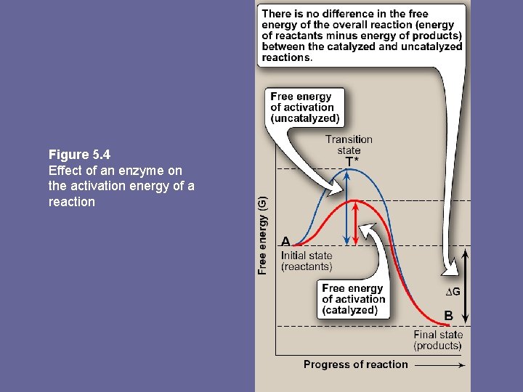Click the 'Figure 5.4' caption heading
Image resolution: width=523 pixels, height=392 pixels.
point(79,155)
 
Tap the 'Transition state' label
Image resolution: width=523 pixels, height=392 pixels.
point(349,144)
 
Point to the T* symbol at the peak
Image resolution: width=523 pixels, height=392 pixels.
point(352,160)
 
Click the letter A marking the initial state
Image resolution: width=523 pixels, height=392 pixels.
point(285,242)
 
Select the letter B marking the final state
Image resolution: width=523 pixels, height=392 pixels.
point(449,316)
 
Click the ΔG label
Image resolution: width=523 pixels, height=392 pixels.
point(453,292)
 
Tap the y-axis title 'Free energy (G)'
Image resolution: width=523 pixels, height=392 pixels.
point(263,234)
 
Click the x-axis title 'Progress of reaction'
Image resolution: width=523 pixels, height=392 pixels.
point(355,364)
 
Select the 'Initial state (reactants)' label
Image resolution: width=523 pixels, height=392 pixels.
point(307,261)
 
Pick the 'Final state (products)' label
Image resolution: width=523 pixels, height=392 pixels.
point(437,340)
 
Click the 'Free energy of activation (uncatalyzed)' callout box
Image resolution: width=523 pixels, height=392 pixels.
point(305,107)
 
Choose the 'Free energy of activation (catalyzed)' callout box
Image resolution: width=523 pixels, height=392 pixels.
point(354,299)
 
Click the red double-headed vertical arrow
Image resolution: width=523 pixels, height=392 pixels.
point(356,222)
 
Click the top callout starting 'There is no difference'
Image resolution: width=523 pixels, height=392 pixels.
point(361,36)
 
